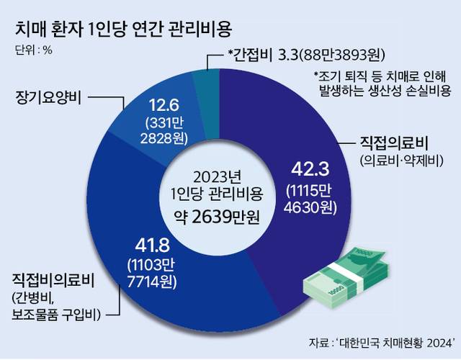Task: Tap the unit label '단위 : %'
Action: click(x=33, y=50)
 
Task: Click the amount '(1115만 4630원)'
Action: click(x=310, y=200)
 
